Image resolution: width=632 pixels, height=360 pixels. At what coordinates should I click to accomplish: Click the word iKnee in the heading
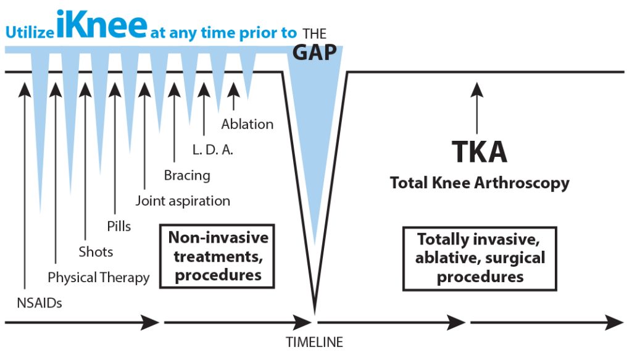(102, 24)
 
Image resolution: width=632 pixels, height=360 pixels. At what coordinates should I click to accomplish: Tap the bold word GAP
(314, 52)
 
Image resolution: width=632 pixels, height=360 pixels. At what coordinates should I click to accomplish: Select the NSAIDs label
(39, 303)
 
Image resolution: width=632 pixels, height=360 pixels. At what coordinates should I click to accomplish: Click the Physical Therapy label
(98, 278)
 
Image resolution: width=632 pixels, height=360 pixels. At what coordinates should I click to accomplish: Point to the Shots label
(96, 252)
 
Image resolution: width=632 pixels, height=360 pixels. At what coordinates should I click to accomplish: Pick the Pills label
(119, 226)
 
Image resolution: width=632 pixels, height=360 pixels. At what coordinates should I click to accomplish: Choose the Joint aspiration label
(183, 201)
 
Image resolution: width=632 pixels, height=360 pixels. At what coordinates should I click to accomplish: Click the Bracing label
(187, 175)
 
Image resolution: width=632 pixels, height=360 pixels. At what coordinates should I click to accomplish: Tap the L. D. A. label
(213, 150)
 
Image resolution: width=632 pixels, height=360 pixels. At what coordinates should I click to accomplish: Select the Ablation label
(247, 124)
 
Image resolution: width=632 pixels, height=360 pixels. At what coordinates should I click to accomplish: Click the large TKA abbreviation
(479, 151)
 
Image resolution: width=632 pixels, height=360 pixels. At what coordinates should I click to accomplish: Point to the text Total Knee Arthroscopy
(480, 183)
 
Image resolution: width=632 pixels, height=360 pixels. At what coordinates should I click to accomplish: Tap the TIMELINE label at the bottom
(314, 342)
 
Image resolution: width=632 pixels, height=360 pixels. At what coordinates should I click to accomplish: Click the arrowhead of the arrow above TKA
(477, 89)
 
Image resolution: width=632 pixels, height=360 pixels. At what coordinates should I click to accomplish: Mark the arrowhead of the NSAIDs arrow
(25, 89)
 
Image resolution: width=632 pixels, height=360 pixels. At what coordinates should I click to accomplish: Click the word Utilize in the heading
(30, 32)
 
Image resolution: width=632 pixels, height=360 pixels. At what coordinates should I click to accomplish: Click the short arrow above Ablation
(233, 96)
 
